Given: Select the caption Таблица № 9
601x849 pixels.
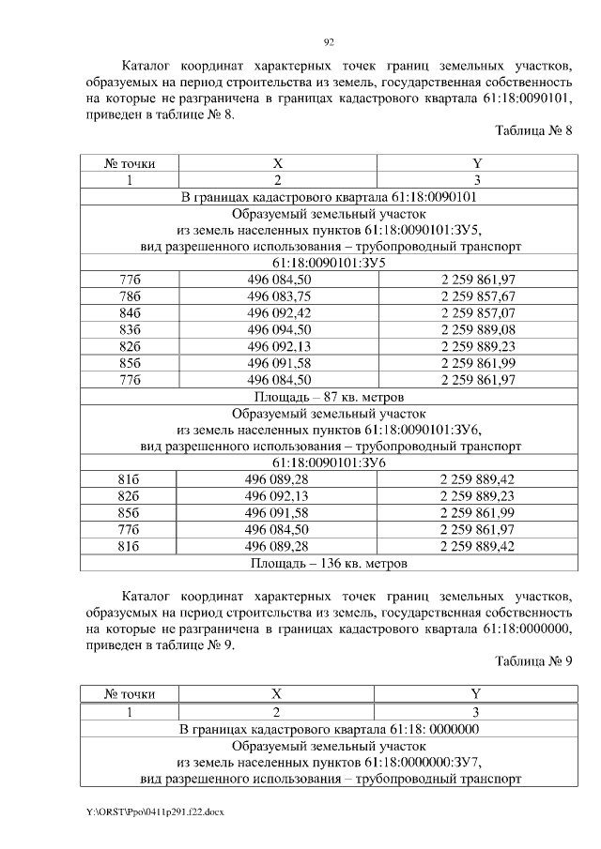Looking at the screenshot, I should coord(532,661).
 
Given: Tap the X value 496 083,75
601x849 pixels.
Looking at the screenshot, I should coord(279,296).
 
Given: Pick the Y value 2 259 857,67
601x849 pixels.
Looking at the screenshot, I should coord(477,296).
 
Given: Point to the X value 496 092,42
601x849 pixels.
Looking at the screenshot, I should coord(279,312).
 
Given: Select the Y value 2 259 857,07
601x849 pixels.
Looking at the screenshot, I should coord(477,312).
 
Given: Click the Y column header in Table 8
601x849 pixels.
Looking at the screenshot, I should coord(477,163).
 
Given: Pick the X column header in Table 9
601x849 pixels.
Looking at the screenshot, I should coord(277,694).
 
